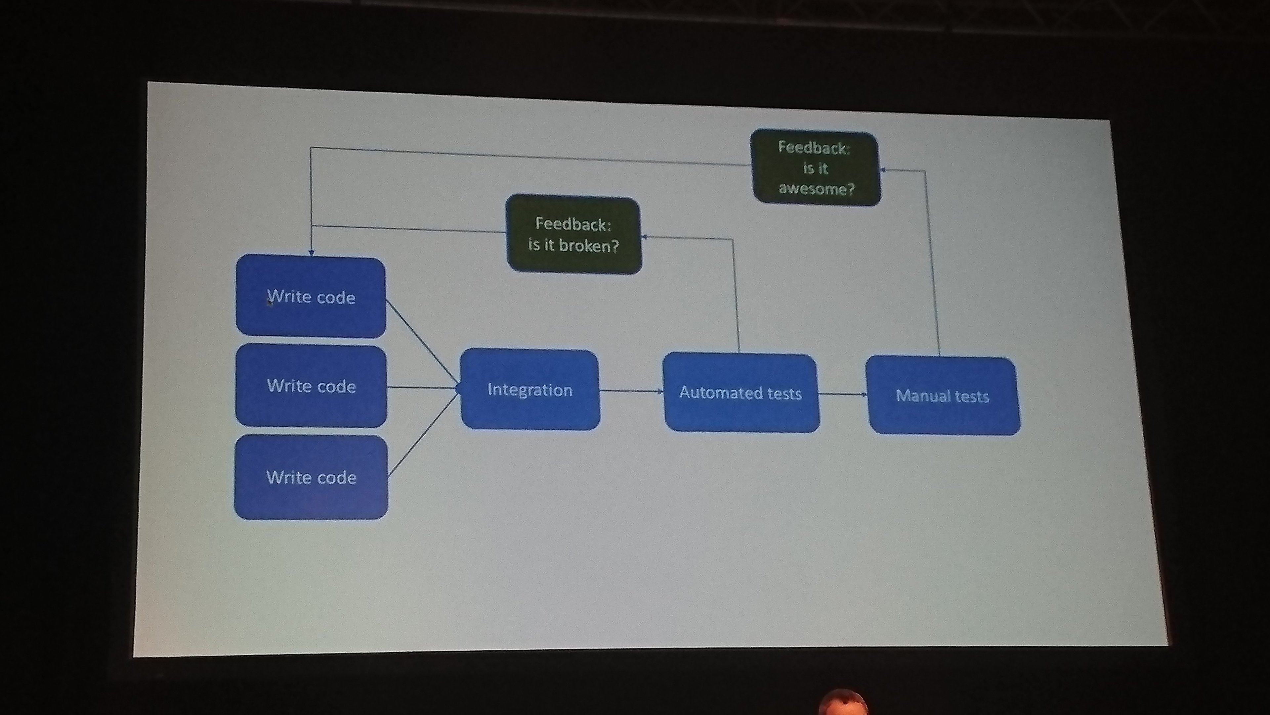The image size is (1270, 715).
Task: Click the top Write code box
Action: (x=311, y=297)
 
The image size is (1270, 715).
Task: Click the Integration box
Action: (x=530, y=390)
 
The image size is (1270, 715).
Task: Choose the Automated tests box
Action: (x=741, y=393)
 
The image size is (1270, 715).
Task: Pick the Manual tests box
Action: (x=943, y=396)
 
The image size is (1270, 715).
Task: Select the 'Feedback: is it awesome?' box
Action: (x=816, y=168)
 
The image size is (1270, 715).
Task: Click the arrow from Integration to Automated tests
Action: (x=631, y=391)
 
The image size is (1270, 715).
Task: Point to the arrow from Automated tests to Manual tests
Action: (x=842, y=394)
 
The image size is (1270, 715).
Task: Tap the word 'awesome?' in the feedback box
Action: (x=817, y=188)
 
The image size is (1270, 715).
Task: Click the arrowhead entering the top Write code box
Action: (x=311, y=252)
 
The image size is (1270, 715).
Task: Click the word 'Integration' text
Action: (x=530, y=390)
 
